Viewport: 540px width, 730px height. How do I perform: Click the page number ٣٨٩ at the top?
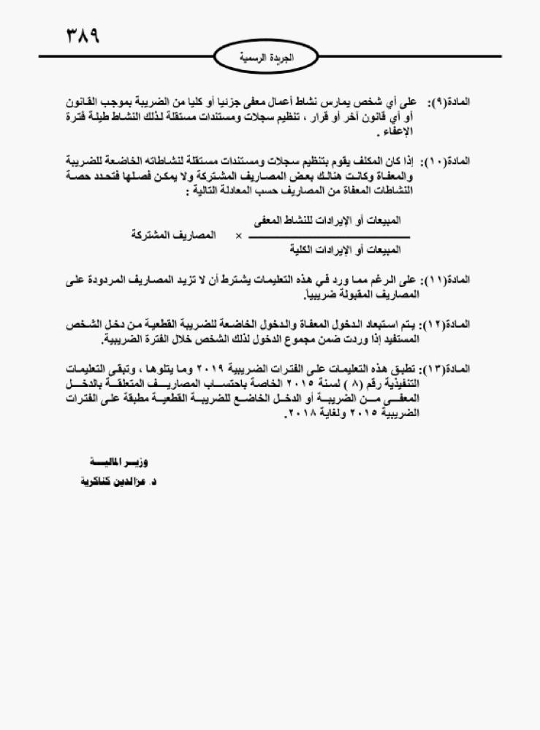point(83,34)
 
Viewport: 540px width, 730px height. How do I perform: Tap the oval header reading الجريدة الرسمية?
point(267,56)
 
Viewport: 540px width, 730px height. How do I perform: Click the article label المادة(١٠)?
point(446,161)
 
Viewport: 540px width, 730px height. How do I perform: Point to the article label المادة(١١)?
point(446,281)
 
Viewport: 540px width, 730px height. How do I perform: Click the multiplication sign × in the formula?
point(238,237)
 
